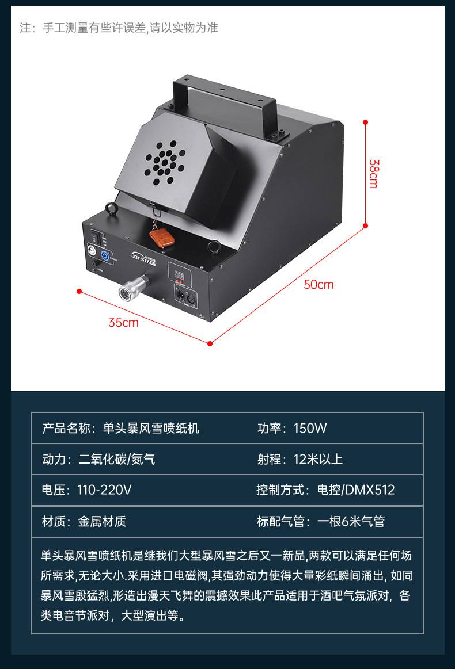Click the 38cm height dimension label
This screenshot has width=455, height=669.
373,174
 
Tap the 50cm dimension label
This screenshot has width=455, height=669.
318,284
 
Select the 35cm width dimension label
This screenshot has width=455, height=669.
123,322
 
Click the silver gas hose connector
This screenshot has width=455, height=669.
133,286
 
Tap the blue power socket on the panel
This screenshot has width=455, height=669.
104,256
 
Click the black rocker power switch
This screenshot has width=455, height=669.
95,236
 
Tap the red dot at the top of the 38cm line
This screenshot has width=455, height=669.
365,122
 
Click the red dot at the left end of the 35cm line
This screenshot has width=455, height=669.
79,291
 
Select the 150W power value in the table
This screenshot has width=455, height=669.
310,428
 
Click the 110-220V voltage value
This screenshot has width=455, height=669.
104,490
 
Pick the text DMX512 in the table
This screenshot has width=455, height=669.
370,490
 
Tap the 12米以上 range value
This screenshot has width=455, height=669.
318,458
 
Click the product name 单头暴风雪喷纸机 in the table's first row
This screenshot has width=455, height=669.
151,428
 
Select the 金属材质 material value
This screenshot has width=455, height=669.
102,521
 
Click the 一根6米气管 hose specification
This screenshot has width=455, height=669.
351,521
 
